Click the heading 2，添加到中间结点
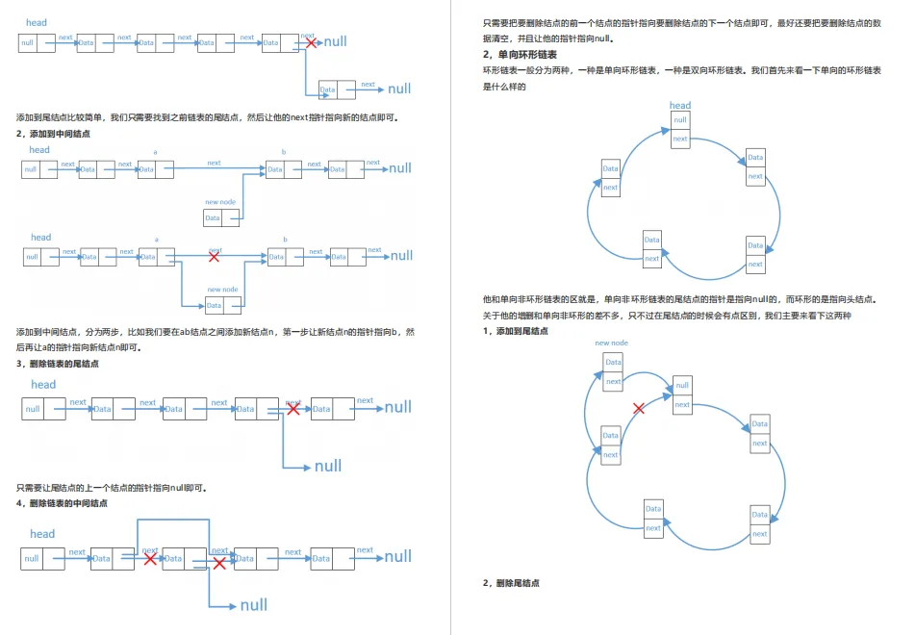pyautogui.click(x=54, y=134)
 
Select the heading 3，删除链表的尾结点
pyautogui.click(x=58, y=364)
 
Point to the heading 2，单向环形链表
pyautogui.click(x=521, y=55)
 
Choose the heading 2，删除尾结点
pyautogui.click(x=511, y=583)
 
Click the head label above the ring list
pyautogui.click(x=680, y=106)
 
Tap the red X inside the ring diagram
pyautogui.click(x=639, y=409)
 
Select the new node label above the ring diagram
pyautogui.click(x=612, y=343)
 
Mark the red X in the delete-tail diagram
pyautogui.click(x=293, y=409)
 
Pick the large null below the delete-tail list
pyautogui.click(x=328, y=467)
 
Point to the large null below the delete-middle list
pyautogui.click(x=254, y=605)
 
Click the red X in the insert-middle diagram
pyautogui.click(x=214, y=257)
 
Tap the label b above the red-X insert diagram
pyautogui.click(x=285, y=240)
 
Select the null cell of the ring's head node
pyautogui.click(x=681, y=120)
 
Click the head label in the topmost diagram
pyautogui.click(x=37, y=23)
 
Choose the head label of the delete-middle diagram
pyautogui.click(x=42, y=534)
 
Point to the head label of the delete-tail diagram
pyautogui.click(x=43, y=385)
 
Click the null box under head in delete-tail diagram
pyautogui.click(x=33, y=409)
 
